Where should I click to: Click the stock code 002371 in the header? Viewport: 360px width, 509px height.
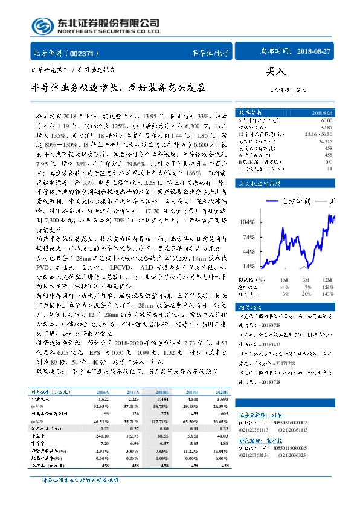86,52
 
